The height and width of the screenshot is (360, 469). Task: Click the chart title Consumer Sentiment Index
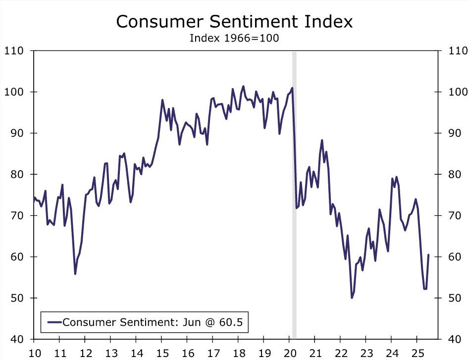click(234, 21)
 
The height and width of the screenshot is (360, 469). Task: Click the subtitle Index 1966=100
click(234, 38)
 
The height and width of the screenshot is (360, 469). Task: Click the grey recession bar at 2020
click(294, 198)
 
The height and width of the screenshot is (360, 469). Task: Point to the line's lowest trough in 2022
click(352, 298)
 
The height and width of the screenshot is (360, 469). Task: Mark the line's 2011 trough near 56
click(75, 274)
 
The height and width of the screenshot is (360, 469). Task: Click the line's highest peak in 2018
click(243, 86)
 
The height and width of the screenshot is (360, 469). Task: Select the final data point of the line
click(428, 255)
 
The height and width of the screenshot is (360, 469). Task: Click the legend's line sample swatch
click(54, 322)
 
